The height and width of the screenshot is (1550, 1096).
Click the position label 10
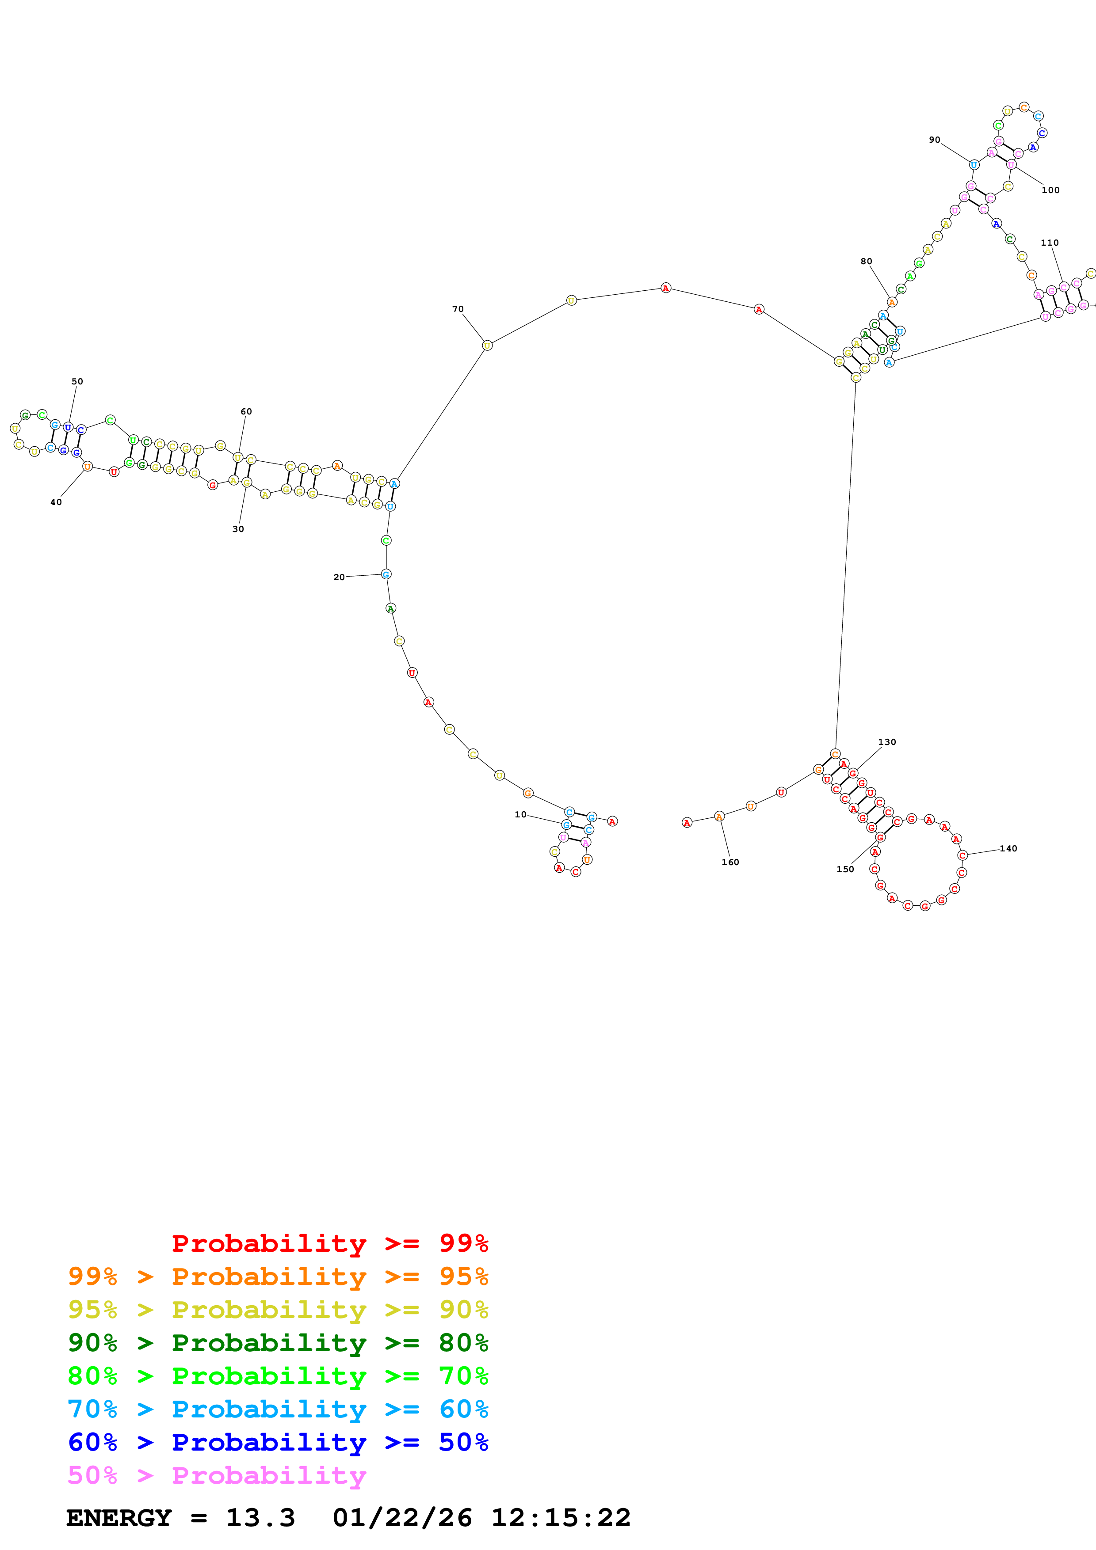tap(520, 814)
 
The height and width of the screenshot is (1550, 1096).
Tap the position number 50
tap(77, 381)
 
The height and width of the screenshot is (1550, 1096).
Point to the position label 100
tap(1050, 190)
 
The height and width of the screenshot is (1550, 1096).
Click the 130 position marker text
tap(887, 742)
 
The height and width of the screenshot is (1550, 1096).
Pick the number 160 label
tap(730, 862)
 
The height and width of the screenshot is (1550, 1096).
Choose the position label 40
tap(56, 502)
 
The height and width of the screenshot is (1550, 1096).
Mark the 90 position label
tap(934, 140)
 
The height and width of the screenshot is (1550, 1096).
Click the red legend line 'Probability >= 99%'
tap(329, 1243)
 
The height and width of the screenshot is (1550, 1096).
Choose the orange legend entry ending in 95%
tap(278, 1276)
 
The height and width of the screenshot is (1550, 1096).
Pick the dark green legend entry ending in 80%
tap(278, 1343)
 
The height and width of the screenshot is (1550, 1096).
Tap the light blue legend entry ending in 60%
tap(278, 1409)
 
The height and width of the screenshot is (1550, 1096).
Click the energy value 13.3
tap(260, 1518)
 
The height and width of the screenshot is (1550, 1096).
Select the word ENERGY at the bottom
tap(119, 1518)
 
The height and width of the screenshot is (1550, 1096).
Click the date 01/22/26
tap(402, 1518)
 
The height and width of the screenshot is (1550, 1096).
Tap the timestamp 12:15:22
tap(561, 1518)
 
